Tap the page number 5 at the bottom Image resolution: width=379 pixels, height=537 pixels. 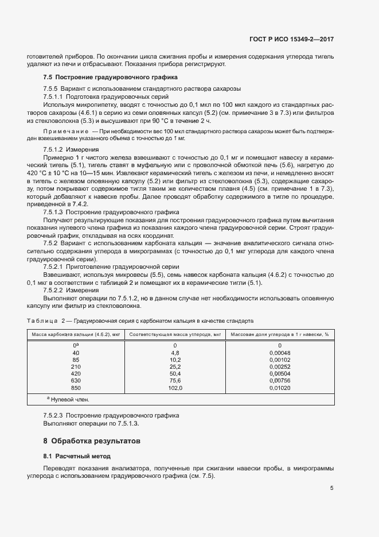tap(331, 489)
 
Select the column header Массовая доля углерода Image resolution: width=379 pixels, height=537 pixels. tap(279, 334)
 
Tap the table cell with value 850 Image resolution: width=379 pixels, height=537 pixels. tap(76, 388)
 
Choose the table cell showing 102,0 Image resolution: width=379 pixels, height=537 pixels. tap(174, 388)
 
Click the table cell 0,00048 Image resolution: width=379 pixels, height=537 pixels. tap(279, 353)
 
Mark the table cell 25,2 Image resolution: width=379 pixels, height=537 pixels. tap(174, 366)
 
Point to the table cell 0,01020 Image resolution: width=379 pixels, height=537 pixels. tap(279, 388)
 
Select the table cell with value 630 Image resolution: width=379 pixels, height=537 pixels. tap(76, 381)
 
